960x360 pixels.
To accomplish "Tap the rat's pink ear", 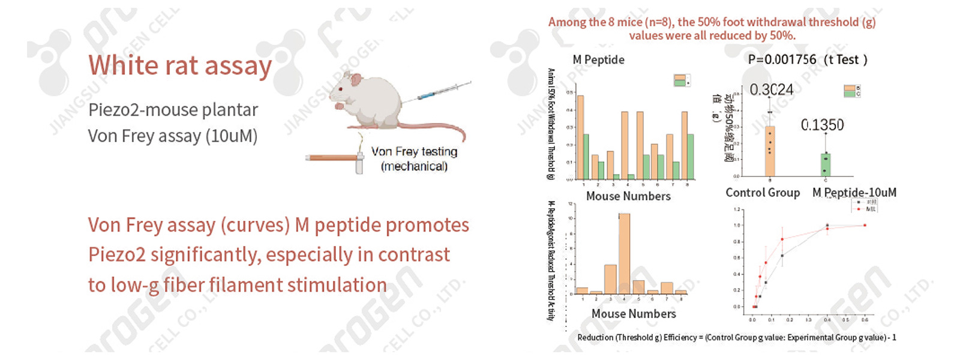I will (x=356, y=80).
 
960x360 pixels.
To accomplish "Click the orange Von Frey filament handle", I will (x=330, y=158).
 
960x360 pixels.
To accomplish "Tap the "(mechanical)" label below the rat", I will (x=414, y=166).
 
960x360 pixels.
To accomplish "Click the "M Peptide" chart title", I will (x=598, y=60).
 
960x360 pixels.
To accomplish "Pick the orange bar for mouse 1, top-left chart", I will (x=580, y=137).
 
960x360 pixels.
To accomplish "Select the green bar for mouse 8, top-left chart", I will (x=691, y=156).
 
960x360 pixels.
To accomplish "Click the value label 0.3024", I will (x=772, y=90).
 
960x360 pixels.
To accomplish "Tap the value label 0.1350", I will (x=822, y=125).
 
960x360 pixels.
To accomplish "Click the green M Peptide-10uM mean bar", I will (x=826, y=164).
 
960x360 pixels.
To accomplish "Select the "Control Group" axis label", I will (x=763, y=193).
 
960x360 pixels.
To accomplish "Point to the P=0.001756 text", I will (x=782, y=59).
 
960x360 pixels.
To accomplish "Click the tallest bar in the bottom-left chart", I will (x=624, y=253).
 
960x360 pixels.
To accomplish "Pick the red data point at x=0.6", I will (x=865, y=225).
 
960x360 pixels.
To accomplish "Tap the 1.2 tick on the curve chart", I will (x=737, y=209).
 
